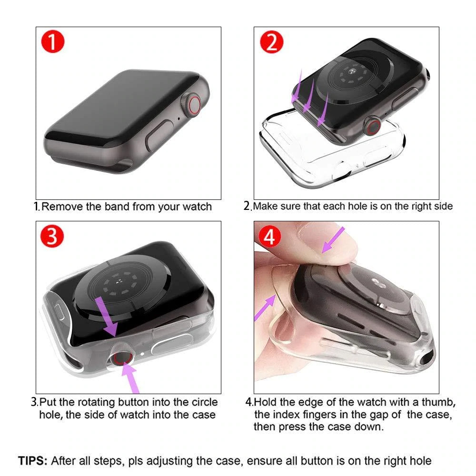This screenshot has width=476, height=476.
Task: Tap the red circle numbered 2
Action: tap(271, 42)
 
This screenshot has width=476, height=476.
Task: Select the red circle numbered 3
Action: tap(53, 237)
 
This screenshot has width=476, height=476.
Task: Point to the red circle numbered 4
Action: tap(269, 237)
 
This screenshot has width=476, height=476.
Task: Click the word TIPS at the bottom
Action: tap(33, 461)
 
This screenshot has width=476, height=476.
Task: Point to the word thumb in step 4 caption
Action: tap(441, 402)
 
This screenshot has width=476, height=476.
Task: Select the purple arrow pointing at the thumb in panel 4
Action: tap(334, 240)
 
